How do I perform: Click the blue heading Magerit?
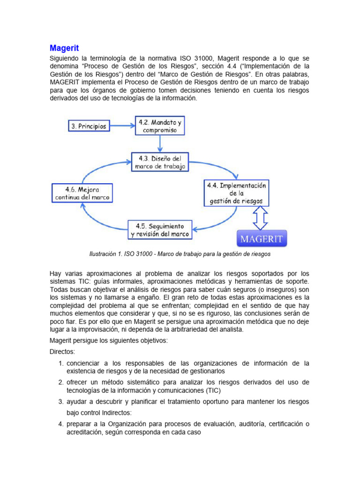pos(64,48)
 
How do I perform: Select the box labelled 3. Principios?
pos(89,126)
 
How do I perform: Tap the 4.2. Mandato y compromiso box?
pos(160,126)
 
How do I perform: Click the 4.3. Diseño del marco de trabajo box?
pos(160,162)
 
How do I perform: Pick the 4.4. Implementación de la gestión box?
pos(237,193)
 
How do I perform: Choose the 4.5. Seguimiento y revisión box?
pos(160,229)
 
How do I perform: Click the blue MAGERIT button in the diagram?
pos(261,239)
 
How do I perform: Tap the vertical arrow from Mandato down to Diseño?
pos(160,143)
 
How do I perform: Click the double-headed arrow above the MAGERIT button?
pos(261,217)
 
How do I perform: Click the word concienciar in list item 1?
pos(85,363)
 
